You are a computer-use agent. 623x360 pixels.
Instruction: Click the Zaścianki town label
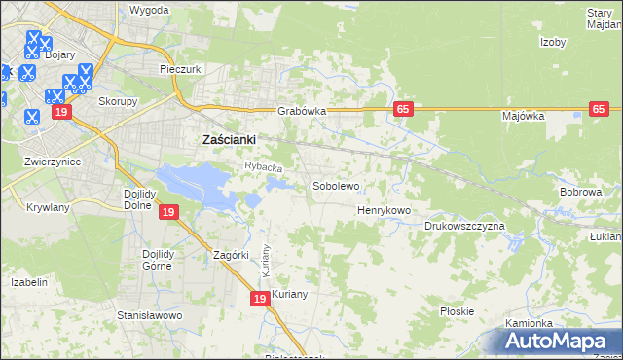click(228, 139)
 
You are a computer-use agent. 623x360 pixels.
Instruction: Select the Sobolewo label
click(336, 185)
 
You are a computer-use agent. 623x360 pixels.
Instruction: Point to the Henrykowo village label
click(385, 210)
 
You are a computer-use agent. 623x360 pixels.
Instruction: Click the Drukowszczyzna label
click(464, 226)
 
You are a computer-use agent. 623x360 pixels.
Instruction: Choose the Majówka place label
click(523, 116)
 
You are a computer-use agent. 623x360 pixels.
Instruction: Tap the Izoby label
click(553, 42)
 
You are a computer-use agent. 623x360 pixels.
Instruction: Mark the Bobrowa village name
click(581, 192)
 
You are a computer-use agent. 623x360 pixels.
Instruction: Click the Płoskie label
click(457, 311)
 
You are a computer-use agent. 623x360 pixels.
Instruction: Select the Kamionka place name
click(530, 323)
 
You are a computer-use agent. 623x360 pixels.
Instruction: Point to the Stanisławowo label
click(150, 316)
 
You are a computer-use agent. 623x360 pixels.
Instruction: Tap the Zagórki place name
click(233, 255)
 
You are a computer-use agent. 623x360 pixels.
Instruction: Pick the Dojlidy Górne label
click(150, 262)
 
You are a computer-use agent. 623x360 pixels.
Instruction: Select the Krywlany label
click(48, 208)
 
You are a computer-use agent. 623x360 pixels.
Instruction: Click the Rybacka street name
click(263, 168)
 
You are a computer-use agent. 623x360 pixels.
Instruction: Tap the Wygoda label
click(149, 10)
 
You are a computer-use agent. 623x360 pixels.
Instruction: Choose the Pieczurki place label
click(180, 70)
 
